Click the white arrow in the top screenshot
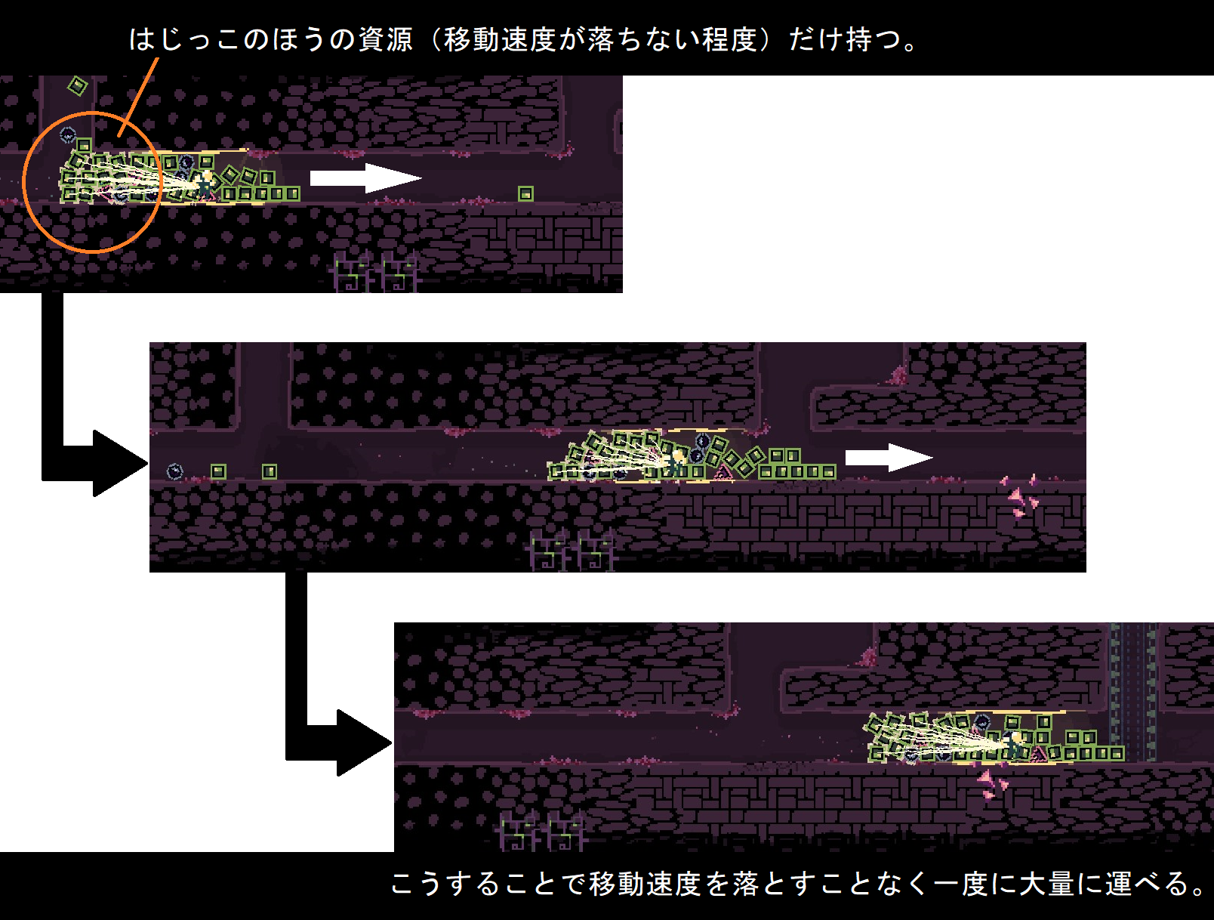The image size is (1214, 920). point(366,178)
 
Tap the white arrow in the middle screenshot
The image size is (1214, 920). point(889,458)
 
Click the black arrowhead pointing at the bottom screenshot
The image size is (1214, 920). point(364,742)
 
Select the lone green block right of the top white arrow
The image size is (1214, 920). point(525,194)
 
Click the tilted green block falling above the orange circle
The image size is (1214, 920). point(77,86)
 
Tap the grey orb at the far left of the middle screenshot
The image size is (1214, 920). point(174,472)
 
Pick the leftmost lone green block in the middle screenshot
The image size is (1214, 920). point(218,472)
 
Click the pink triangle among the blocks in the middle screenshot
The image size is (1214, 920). point(723,473)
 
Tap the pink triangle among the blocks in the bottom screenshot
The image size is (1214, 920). point(1040,753)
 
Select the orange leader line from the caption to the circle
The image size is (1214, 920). point(139,97)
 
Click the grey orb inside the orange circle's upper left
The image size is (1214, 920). point(68,135)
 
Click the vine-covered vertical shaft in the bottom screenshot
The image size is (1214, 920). point(1132,691)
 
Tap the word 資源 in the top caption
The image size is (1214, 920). point(385,39)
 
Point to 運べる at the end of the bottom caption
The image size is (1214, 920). point(1148,884)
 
